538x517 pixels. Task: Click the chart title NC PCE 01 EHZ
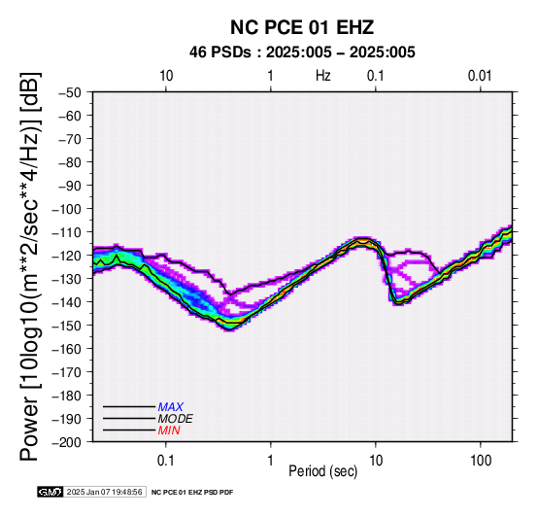(302, 27)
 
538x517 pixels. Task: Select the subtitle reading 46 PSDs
(220, 52)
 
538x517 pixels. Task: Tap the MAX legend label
(171, 407)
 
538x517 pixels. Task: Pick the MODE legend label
(176, 419)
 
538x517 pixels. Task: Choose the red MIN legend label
(169, 431)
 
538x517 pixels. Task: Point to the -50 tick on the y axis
(70, 92)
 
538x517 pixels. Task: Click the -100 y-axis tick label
(67, 209)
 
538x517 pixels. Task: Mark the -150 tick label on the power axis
(67, 326)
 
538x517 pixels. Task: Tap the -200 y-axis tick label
(67, 442)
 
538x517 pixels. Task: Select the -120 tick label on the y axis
(67, 256)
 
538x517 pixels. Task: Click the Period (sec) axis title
(322, 471)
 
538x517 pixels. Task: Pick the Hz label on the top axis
(322, 76)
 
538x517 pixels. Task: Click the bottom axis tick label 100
(481, 461)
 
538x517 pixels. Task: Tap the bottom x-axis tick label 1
(271, 461)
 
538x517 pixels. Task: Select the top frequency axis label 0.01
(480, 76)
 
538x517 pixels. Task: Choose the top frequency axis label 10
(166, 76)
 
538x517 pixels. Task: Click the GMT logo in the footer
(50, 492)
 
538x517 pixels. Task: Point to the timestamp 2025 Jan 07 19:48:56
(104, 492)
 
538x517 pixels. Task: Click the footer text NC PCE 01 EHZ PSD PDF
(192, 493)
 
